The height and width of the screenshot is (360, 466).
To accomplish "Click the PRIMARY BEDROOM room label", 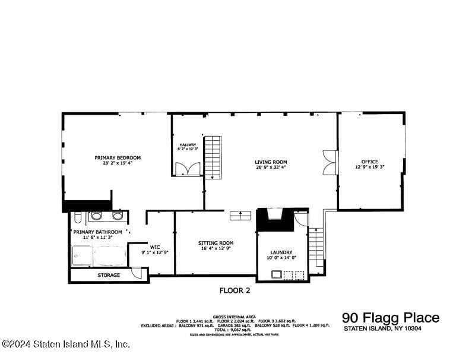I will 118,157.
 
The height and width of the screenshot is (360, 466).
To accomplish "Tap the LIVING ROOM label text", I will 271,162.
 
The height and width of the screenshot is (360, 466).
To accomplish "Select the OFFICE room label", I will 370,162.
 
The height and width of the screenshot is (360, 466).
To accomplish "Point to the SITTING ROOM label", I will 215,243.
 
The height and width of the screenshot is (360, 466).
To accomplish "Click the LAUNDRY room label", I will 281,252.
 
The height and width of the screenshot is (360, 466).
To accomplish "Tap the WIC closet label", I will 155,247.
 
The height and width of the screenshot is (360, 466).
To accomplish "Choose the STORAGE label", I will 109,275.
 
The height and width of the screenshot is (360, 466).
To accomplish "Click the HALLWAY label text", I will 188,144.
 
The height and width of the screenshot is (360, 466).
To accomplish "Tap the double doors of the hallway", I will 188,169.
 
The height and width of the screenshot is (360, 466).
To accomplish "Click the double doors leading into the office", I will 329,162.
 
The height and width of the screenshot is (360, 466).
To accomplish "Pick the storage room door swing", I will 137,274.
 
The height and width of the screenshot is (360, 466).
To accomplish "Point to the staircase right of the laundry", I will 316,249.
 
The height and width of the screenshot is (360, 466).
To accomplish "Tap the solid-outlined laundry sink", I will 276,274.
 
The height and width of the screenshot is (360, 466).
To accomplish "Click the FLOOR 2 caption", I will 235,290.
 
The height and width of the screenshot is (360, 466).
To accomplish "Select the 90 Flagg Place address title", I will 391,318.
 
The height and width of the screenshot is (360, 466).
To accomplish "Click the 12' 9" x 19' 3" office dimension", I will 370,167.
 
